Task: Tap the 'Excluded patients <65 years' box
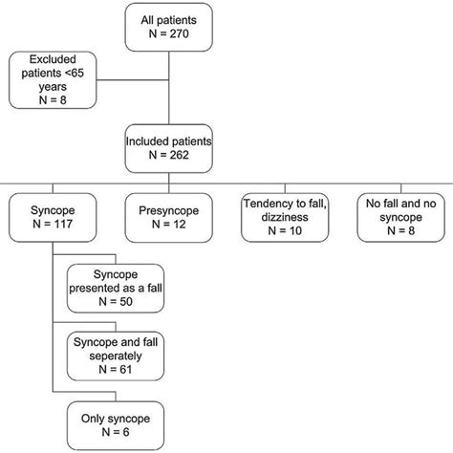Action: [54, 80]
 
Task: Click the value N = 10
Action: [284, 229]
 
